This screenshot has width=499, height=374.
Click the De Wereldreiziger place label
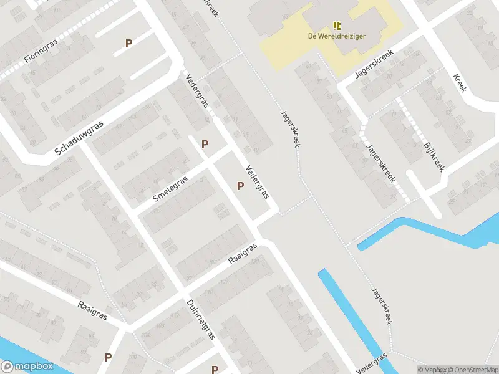pos(337,36)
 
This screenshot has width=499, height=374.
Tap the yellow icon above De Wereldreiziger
pos(337,26)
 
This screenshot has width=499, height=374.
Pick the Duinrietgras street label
pos(200,319)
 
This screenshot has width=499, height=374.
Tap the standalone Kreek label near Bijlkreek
pos(460,82)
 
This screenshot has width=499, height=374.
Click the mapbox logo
pos(27,366)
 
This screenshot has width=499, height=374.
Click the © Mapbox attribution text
pos(430,370)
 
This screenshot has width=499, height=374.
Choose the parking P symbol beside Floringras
pos(129,44)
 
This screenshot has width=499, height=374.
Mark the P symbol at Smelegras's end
pos(205,144)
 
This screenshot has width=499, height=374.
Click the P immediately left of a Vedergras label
pos(240,186)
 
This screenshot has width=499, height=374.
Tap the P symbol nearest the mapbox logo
pos(108,357)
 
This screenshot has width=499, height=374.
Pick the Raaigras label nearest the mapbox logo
pos(92,310)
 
